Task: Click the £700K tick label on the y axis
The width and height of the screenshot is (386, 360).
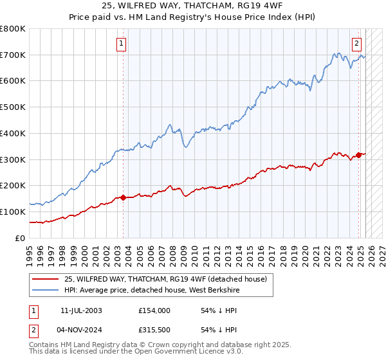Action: (x=13, y=55)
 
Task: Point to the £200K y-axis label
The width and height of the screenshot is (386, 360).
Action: (x=13, y=185)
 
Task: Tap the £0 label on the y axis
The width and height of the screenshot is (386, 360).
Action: (x=20, y=238)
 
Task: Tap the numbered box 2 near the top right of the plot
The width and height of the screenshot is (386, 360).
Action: (x=356, y=44)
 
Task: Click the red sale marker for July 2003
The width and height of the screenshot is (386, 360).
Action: (x=123, y=197)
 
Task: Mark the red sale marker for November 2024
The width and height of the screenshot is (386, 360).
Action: (x=358, y=155)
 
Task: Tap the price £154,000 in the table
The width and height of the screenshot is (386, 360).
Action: (x=154, y=310)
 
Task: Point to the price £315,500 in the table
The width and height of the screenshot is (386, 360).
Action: (x=154, y=330)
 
